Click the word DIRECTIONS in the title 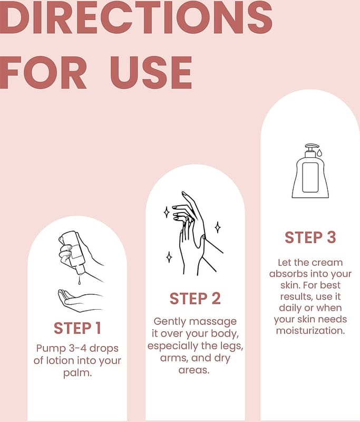(x=136, y=17)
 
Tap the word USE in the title (x=151, y=73)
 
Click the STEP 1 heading (x=77, y=328)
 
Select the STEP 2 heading (x=195, y=299)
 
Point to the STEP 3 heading (x=310, y=237)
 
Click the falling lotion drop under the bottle (x=80, y=281)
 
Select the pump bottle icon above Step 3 (x=310, y=171)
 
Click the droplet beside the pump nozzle (x=319, y=153)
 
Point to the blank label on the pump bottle (x=310, y=177)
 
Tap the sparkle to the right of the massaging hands (x=218, y=227)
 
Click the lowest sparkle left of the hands (x=169, y=257)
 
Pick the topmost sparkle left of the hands (x=167, y=213)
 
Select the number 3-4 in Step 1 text (x=77, y=348)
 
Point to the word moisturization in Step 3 (x=310, y=331)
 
